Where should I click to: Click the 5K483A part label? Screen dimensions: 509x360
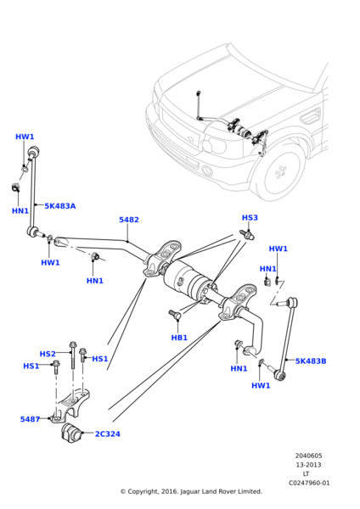(59, 206)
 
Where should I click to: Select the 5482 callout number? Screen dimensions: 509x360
(129, 220)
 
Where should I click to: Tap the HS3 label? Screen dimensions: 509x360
(250, 218)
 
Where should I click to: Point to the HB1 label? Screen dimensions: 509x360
(179, 338)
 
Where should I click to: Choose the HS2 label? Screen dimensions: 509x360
(48, 354)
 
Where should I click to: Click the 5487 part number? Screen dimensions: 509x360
(30, 419)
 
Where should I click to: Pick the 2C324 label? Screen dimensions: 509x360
(107, 434)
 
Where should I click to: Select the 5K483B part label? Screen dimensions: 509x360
(311, 361)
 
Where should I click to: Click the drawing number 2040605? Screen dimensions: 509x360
(308, 456)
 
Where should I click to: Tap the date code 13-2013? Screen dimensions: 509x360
(308, 465)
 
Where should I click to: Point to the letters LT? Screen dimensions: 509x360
(308, 473)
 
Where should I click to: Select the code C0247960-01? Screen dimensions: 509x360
(308, 483)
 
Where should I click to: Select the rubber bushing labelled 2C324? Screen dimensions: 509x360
(70, 433)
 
